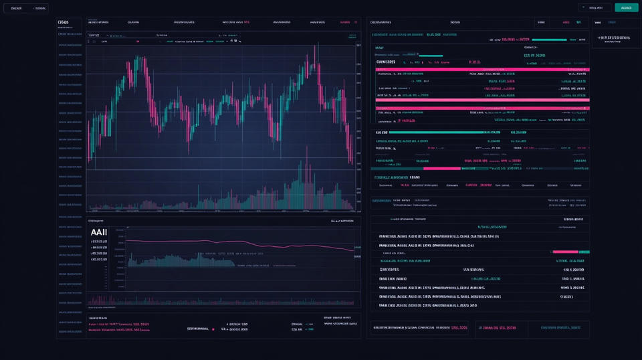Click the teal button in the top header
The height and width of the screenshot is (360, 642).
tap(627, 7)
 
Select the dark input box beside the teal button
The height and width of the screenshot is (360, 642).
tap(595, 7)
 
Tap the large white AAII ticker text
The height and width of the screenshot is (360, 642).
tap(98, 232)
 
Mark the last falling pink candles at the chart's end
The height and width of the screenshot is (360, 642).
tap(350, 147)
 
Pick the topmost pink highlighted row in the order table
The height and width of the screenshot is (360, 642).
tap(481, 68)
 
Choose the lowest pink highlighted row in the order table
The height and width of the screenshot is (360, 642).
tap(481, 108)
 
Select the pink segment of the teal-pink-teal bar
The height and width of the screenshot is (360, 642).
tap(442, 169)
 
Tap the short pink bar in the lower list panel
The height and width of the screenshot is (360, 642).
tap(566, 251)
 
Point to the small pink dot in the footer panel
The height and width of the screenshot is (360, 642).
tap(213, 329)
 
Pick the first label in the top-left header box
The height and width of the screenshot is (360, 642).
tap(16, 8)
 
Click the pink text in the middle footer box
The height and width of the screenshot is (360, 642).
tap(498, 328)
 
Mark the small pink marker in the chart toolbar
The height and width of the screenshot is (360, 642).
tap(137, 41)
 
